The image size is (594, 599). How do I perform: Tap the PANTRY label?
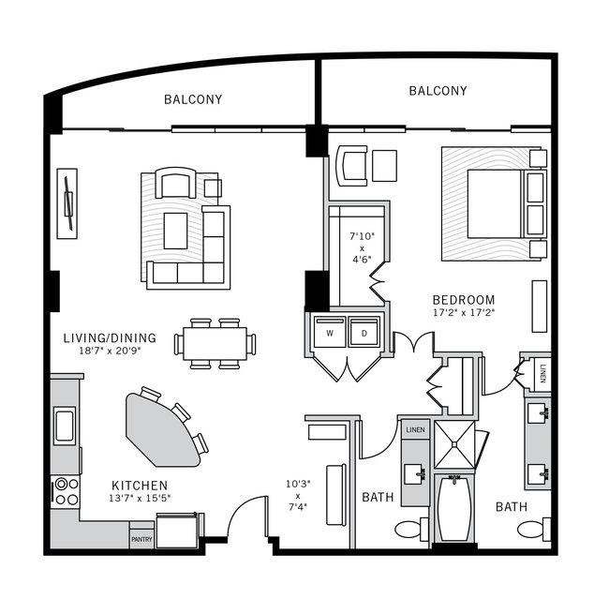coord(141,539)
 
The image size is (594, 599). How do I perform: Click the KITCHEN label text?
coord(140,485)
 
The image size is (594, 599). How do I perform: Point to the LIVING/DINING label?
coord(110,337)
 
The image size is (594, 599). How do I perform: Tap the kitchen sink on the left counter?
coord(65,425)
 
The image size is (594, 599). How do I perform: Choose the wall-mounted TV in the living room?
coord(68,202)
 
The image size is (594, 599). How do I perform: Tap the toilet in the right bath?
coord(531,530)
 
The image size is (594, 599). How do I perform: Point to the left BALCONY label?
coord(193,99)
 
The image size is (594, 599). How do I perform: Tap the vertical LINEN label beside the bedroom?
coord(542,372)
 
